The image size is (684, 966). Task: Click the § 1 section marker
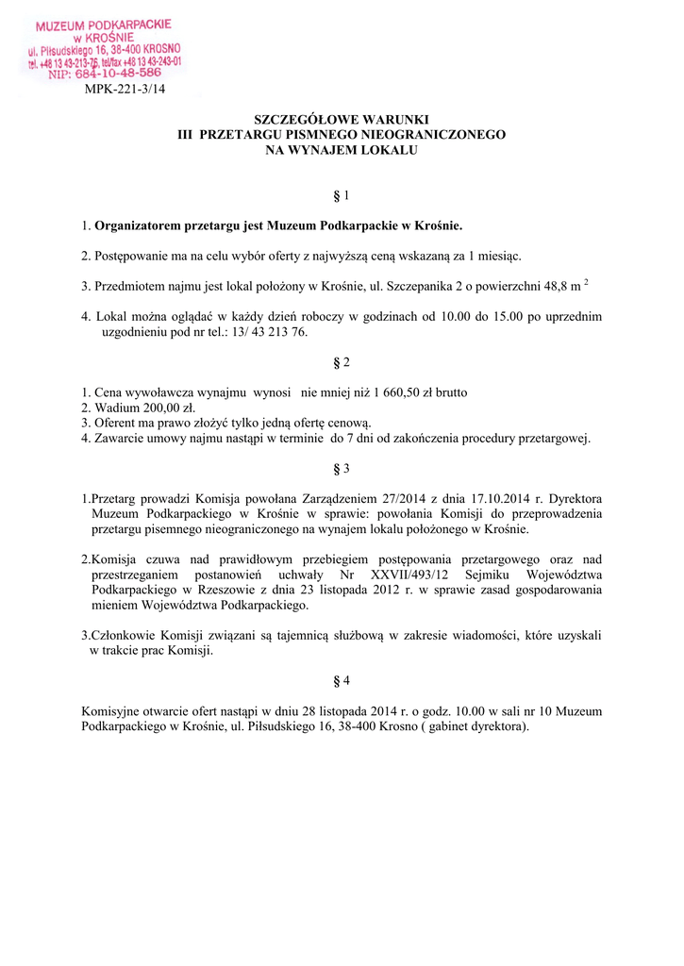pos(342,196)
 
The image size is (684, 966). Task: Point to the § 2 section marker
pos(342,362)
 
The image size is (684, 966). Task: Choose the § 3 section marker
pos(342,468)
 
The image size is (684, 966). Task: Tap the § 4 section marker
pos(342,680)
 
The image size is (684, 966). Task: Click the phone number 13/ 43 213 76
pos(269,332)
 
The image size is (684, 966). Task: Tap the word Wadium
pos(115,408)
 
